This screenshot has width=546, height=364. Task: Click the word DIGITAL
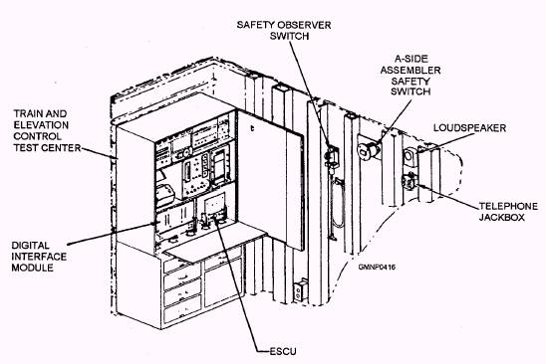(x=31, y=241)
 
